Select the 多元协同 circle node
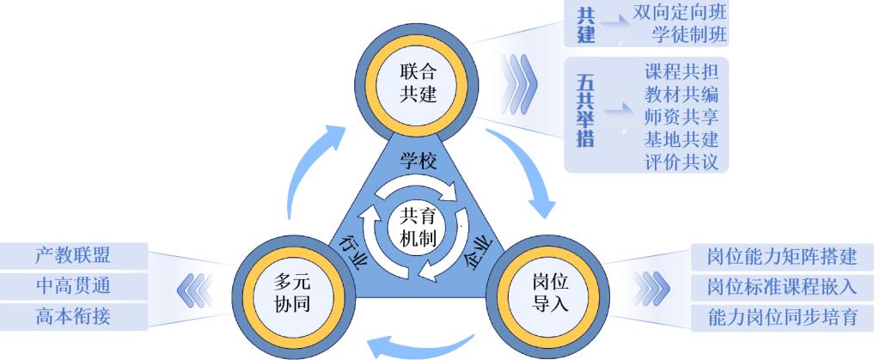286,293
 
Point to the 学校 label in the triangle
419,160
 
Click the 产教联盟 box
73,255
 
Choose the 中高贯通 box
73,285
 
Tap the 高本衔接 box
73,316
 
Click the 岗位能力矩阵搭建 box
782,256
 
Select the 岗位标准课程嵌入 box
782,286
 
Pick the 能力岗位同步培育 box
782,316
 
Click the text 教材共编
681,93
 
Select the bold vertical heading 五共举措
585,111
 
